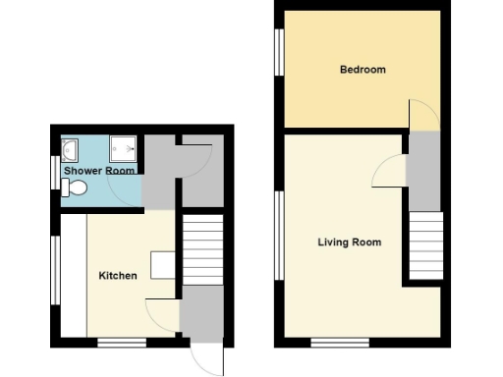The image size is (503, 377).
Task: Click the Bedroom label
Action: (x=363, y=70)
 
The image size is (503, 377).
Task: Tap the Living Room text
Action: (x=349, y=242)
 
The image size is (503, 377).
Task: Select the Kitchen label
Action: (x=118, y=276)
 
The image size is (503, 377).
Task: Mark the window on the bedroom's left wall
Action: (x=280, y=58)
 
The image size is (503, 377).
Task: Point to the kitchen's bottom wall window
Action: (x=122, y=342)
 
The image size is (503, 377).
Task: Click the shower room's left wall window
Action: (x=55, y=172)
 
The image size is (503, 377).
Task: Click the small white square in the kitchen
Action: (x=162, y=265)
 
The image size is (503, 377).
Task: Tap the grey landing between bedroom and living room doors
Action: (x=422, y=172)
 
